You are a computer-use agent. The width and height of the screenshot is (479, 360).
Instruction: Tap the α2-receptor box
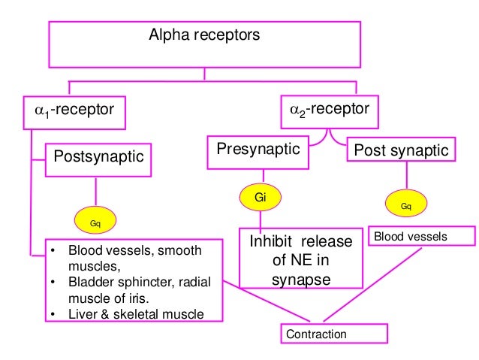(x=330, y=110)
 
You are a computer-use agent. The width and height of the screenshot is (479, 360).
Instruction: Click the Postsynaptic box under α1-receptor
(x=98, y=157)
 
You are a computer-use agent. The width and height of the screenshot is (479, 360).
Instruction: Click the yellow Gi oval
(x=261, y=198)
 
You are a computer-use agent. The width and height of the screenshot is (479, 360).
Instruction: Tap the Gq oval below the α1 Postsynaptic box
(x=95, y=223)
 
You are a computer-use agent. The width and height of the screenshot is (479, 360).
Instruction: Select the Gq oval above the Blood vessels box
(x=405, y=205)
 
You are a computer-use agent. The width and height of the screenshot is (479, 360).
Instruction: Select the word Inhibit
(x=271, y=243)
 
